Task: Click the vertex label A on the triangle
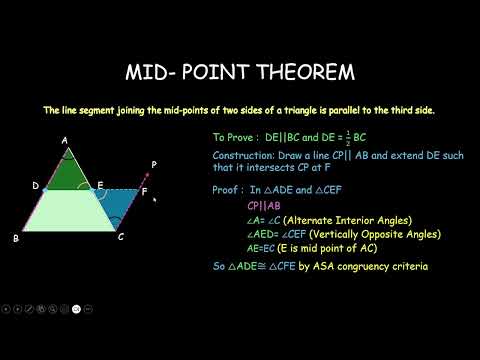(x=65, y=141)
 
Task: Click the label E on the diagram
(x=100, y=185)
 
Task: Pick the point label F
(x=144, y=190)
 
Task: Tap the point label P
(x=152, y=163)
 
